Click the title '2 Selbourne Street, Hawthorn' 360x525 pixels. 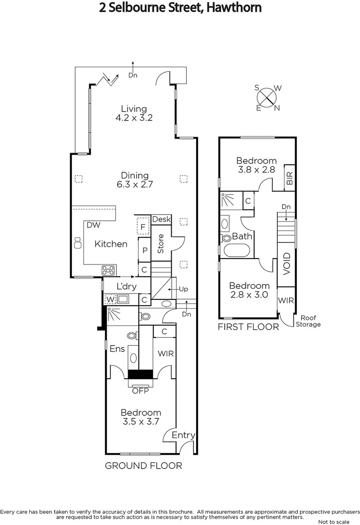(180, 8)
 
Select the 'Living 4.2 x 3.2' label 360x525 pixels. (134, 113)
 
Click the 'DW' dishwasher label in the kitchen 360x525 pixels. (93, 225)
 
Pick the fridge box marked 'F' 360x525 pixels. (143, 226)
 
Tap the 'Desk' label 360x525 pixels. (162, 219)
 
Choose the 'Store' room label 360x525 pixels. (161, 244)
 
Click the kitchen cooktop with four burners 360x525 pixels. (108, 270)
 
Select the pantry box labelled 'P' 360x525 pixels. (144, 251)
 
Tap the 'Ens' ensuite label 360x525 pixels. (117, 349)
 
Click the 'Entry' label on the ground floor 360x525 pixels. (183, 435)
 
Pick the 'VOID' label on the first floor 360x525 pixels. (287, 263)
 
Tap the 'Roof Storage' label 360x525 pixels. (308, 321)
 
